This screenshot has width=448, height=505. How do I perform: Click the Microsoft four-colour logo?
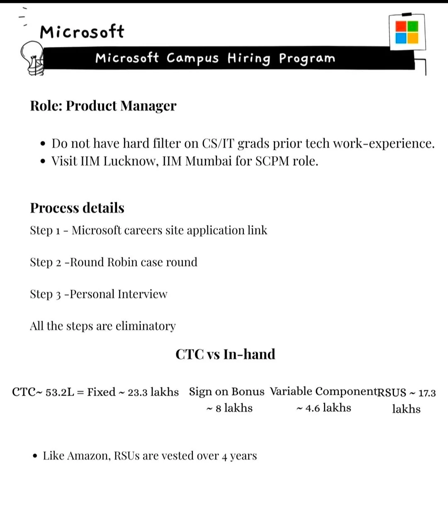[x=407, y=32]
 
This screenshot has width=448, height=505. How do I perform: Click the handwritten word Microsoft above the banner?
[x=82, y=32]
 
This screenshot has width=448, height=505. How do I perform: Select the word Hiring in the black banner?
[x=248, y=58]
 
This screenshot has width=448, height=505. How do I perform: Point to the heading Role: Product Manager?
[x=103, y=106]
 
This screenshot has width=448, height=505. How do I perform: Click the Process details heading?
[x=77, y=208]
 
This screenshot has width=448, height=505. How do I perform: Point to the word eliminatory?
[x=146, y=326]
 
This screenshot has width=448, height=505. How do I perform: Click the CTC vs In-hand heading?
[x=225, y=354]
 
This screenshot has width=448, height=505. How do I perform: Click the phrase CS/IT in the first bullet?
[x=218, y=143]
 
